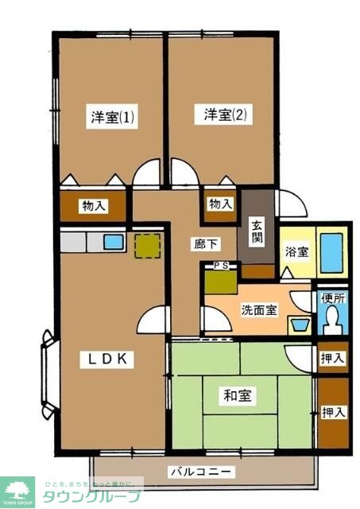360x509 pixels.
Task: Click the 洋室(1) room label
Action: [x=112, y=118]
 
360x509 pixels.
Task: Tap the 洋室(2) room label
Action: [x=226, y=115]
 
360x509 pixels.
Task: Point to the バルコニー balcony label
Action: [x=201, y=472]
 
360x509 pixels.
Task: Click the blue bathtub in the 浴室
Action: [x=330, y=251]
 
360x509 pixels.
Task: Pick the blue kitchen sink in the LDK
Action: [x=114, y=241]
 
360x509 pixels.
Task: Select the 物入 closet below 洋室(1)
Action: [x=94, y=206]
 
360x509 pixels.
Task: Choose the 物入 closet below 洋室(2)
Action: [x=221, y=204]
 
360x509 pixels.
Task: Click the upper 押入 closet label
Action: [x=333, y=359]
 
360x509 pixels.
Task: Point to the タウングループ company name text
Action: [x=95, y=497]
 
